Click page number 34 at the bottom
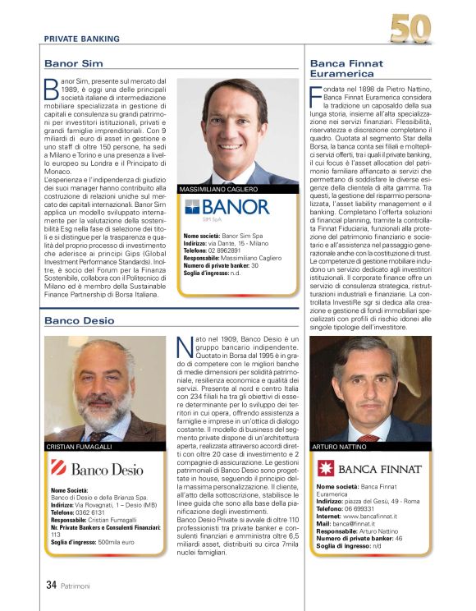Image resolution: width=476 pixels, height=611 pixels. [x=50, y=586]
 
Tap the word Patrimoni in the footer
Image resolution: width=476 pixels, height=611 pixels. [x=78, y=586]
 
